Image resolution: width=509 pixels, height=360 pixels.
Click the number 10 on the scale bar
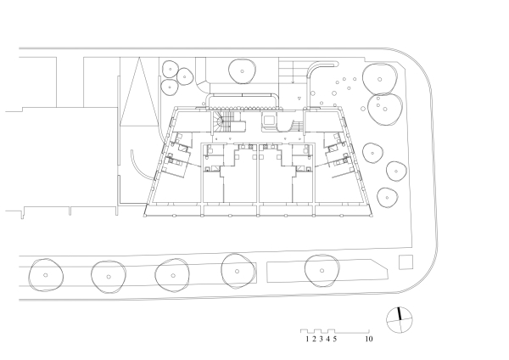click(x=369, y=339)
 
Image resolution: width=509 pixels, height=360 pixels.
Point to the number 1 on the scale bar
click(x=306, y=339)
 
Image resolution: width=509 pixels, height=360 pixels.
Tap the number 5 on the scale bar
click(x=335, y=339)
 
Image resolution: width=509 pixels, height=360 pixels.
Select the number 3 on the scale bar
click(x=321, y=339)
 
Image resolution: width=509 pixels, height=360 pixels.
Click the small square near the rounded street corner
click(x=405, y=262)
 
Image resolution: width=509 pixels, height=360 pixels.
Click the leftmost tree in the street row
click(x=45, y=274)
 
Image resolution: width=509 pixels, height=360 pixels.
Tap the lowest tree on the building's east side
click(x=388, y=197)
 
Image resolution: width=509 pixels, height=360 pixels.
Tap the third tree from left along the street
click(x=173, y=274)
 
